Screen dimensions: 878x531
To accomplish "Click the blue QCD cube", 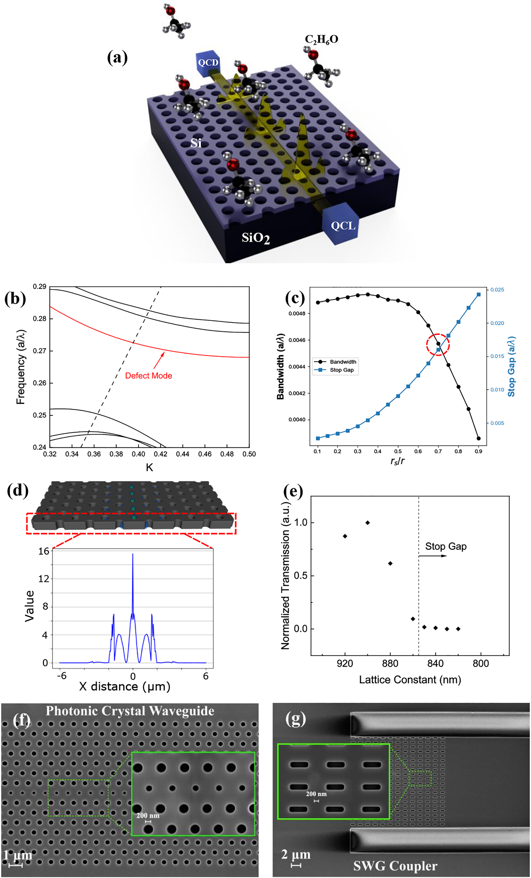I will (x=208, y=64).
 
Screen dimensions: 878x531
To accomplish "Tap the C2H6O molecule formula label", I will (x=321, y=39).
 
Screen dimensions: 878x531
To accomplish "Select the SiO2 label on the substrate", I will (x=255, y=238).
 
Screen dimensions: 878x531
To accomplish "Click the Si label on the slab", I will (x=196, y=143).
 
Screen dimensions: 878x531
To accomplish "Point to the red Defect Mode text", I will (x=148, y=376).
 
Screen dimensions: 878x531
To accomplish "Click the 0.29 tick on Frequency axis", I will (x=40, y=287).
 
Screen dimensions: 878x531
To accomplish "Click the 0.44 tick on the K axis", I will (x=183, y=454).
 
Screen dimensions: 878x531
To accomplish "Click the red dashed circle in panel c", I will (x=438, y=345).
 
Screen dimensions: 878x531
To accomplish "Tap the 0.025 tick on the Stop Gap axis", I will (x=497, y=290).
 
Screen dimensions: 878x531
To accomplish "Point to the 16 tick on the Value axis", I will (x=43, y=552).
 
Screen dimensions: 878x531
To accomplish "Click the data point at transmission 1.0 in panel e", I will (x=367, y=523).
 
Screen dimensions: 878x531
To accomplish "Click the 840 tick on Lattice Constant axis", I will (x=435, y=664).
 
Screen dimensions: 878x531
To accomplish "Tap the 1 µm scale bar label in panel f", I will (x=18, y=855).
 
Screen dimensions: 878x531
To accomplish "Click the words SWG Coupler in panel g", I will (x=395, y=866).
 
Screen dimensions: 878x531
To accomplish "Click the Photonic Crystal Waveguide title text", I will (x=130, y=711).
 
